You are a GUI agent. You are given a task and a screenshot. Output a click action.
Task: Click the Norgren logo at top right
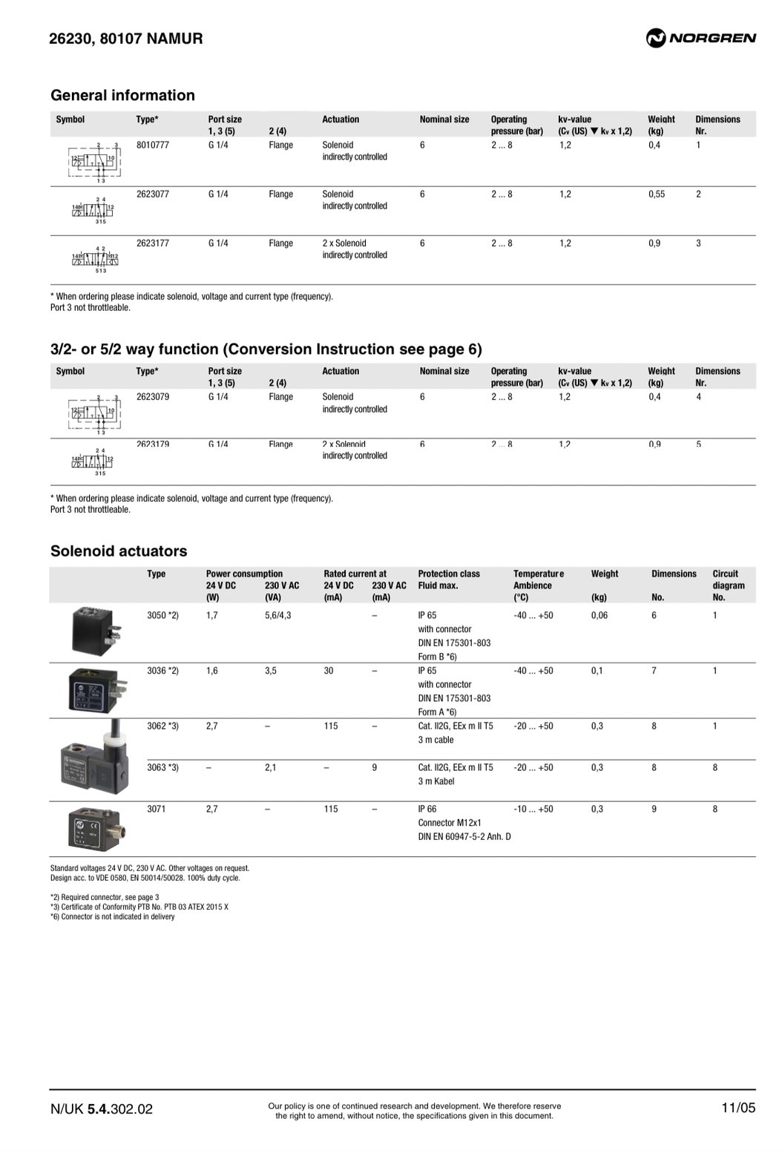click(700, 38)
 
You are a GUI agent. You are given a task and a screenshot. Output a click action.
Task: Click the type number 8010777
click(152, 145)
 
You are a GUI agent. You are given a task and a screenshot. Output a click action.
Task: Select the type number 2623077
click(152, 194)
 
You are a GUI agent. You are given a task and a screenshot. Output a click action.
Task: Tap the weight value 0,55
click(656, 194)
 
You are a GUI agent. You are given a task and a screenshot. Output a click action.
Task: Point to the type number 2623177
click(152, 243)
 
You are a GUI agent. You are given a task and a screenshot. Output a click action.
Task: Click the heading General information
click(122, 95)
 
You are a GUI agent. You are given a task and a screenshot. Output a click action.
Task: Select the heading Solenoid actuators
click(119, 551)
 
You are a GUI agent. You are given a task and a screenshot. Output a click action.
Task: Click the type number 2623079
click(152, 397)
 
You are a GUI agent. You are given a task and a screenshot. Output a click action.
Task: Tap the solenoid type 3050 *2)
click(162, 615)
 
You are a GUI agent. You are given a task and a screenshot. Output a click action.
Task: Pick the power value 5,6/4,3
click(277, 615)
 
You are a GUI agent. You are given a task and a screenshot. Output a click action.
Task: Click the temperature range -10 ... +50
click(533, 809)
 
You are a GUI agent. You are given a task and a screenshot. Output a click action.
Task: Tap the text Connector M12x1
click(450, 823)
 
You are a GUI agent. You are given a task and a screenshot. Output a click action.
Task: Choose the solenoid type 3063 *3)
click(162, 767)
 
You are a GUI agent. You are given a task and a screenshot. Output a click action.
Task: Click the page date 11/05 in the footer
click(737, 1108)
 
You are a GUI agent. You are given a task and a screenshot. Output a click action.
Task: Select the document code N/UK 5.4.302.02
click(102, 1108)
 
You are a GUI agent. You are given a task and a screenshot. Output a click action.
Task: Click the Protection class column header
click(448, 574)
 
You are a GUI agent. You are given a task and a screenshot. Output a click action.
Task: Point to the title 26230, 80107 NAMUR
click(125, 39)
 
